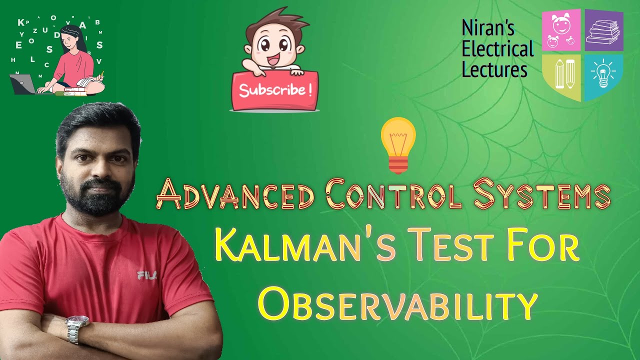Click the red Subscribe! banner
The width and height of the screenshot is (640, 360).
coord(274,90)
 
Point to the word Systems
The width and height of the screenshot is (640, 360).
coord(541,195)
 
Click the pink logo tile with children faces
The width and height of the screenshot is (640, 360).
coord(561,30)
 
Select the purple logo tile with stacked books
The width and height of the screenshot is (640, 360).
coord(604,30)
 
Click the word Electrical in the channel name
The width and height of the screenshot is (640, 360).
coord(497,49)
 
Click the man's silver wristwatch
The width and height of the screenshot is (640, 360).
coord(77,327)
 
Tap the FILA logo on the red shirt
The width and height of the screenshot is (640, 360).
coord(147,274)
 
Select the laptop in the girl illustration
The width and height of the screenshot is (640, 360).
coord(23,84)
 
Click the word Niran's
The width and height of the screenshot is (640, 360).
coord(488,28)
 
